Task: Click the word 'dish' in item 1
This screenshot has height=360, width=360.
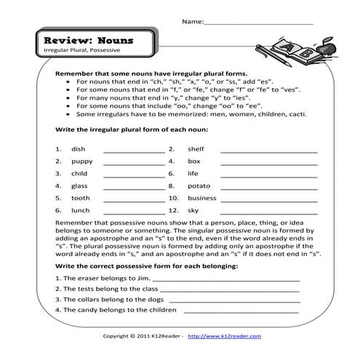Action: (79, 149)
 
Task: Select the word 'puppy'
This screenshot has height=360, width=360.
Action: (81, 161)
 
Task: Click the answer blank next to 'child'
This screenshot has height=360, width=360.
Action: (134, 175)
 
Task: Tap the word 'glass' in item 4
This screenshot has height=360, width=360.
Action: (80, 186)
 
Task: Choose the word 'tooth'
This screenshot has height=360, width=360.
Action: (81, 198)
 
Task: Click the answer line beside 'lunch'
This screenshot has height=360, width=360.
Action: (134, 211)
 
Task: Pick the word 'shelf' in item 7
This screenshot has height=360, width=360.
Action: (196, 149)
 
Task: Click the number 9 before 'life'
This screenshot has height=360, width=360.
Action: (172, 174)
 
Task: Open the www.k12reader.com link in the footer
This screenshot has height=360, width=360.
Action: (232, 337)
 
